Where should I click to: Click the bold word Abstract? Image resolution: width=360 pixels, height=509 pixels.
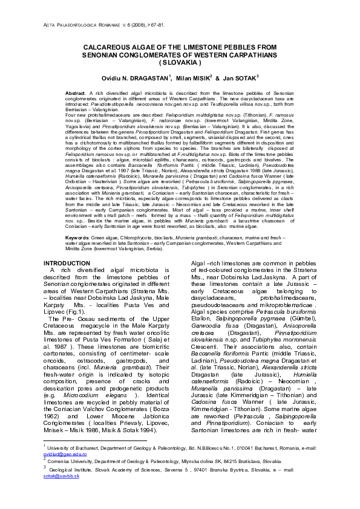pos(75,93)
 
